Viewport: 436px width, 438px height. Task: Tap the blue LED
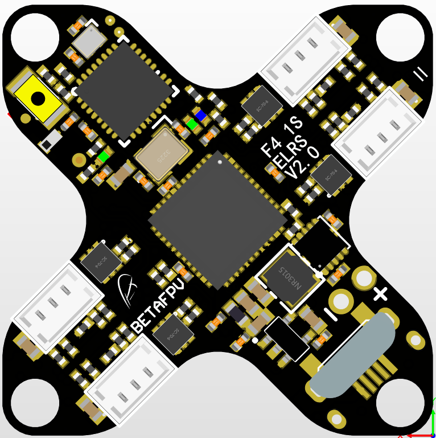click(200, 116)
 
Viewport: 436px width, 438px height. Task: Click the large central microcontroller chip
click(217, 220)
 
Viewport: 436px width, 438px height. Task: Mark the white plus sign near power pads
click(380, 294)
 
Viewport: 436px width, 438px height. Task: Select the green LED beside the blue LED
click(191, 124)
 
